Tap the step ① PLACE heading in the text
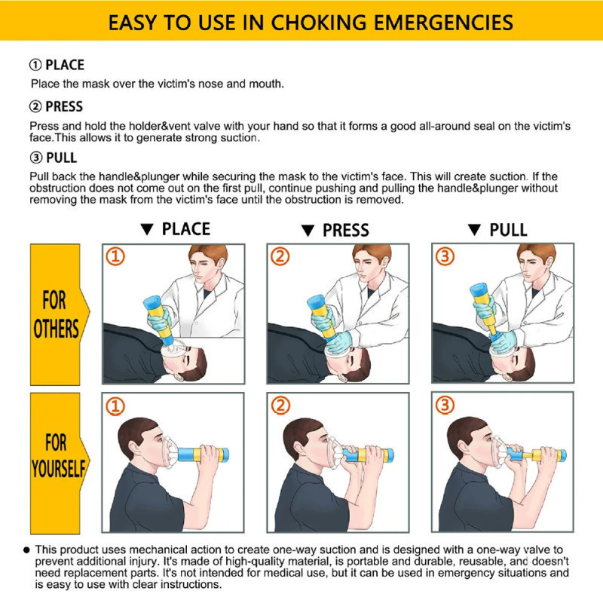57,65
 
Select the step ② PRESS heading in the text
57,106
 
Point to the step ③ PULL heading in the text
53,158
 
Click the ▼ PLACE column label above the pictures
176,229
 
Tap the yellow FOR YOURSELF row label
57,455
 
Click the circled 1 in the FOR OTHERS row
115,257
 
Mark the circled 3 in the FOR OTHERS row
445,257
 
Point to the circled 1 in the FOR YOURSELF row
115,406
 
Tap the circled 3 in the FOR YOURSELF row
445,406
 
